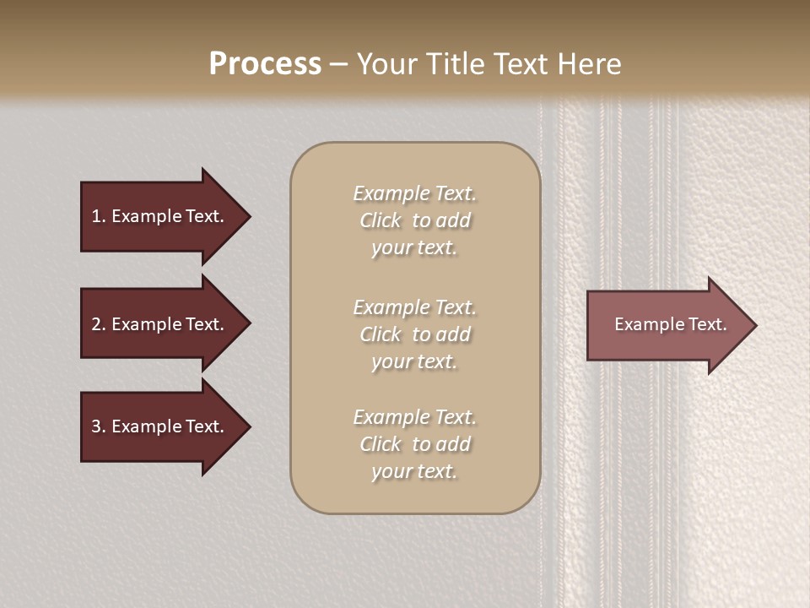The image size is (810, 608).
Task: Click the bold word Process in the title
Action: [265, 64]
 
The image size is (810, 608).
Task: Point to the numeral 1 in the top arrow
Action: [96, 216]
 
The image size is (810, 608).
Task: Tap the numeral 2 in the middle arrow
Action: [96, 324]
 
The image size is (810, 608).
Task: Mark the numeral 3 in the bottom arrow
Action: [96, 426]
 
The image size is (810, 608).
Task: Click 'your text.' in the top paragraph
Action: [414, 247]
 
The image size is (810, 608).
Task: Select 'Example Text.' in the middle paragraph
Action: [414, 307]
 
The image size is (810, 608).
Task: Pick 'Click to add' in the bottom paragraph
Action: [414, 443]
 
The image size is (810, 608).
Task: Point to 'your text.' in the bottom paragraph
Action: [414, 471]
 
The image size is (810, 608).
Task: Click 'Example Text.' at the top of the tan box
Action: [414, 193]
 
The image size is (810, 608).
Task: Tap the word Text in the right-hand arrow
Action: [706, 324]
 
